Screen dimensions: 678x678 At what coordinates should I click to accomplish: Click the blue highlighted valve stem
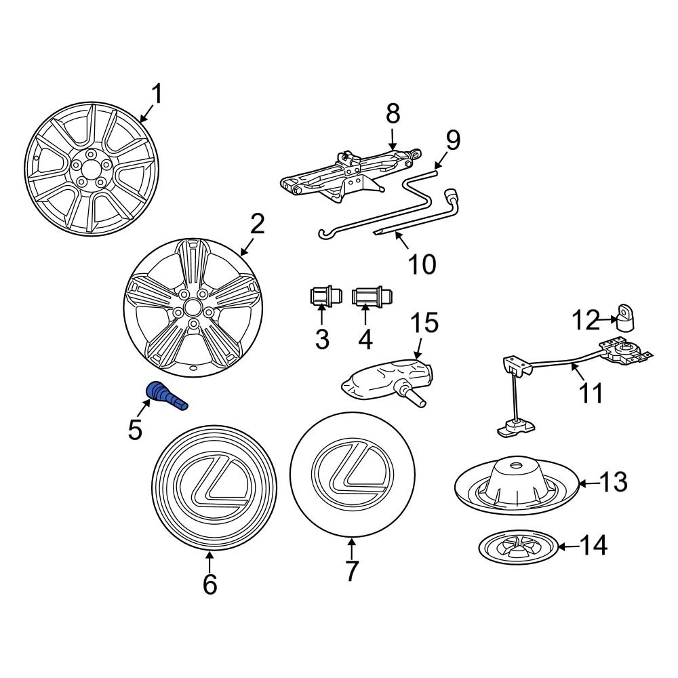165,396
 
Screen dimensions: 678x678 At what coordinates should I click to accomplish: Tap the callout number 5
136,428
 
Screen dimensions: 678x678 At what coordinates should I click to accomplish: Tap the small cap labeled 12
625,318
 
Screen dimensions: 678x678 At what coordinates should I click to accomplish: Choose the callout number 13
613,483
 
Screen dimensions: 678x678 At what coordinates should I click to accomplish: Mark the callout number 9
452,141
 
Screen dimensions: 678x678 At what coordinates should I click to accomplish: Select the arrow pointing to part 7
351,548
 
